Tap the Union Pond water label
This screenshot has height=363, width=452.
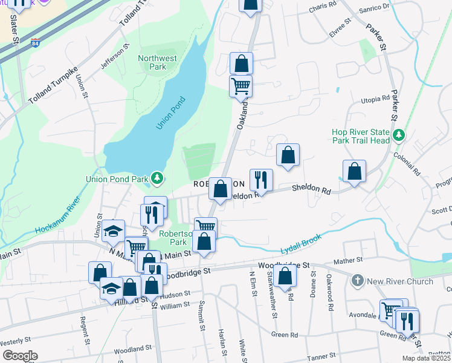(x=170, y=113)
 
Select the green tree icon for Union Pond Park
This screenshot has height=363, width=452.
(x=157, y=177)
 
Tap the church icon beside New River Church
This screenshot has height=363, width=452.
(x=358, y=281)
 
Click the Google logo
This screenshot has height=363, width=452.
(x=20, y=356)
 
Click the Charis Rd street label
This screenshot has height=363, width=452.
(x=321, y=5)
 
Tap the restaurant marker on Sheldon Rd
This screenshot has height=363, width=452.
(x=261, y=180)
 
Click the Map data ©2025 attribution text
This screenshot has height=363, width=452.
(x=425, y=358)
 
